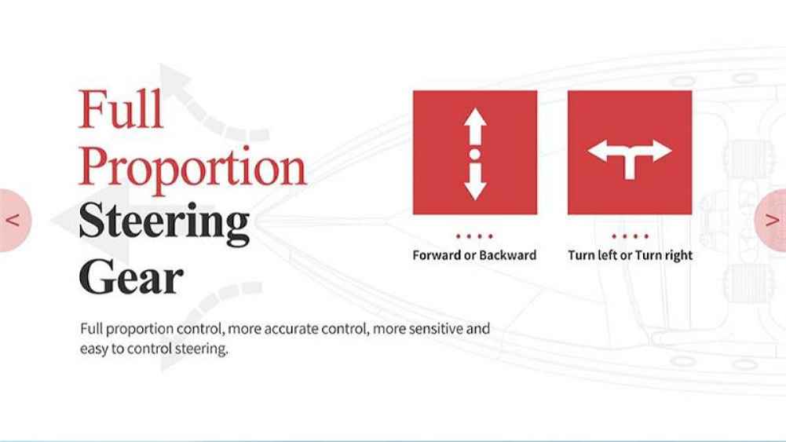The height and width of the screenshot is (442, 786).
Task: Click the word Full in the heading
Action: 121,109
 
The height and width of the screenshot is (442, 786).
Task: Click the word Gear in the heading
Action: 131,276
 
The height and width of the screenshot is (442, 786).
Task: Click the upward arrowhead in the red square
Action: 475,119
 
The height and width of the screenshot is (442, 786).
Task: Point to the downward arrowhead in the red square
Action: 475,189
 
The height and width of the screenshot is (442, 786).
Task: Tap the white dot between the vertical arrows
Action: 475,154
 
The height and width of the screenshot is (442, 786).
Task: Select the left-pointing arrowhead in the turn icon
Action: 598,151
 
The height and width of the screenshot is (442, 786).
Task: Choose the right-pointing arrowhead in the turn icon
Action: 662,151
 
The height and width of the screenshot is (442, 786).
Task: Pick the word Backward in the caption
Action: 507,255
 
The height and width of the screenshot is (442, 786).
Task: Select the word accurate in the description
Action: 291,329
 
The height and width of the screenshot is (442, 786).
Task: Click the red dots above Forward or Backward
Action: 475,236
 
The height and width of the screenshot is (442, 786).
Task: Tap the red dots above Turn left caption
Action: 630,236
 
